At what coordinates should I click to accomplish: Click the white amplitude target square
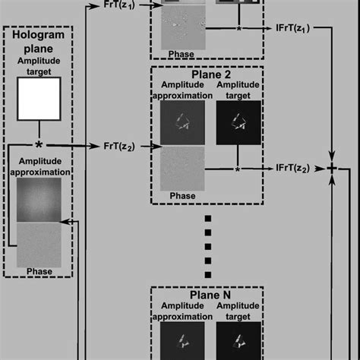[39, 99]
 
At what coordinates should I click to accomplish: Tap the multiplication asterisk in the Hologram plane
[39, 144]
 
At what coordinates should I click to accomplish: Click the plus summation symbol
[331, 169]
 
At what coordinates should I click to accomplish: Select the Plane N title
[207, 295]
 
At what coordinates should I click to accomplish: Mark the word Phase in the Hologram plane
[39, 271]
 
